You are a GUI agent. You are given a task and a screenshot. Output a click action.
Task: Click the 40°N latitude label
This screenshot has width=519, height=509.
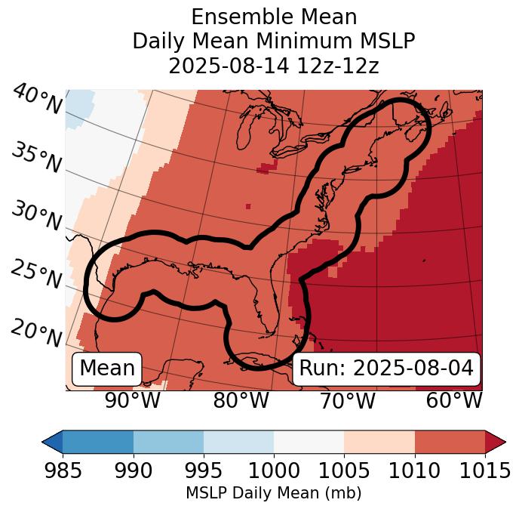(37, 100)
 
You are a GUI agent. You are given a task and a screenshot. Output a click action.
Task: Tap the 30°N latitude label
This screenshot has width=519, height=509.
(37, 217)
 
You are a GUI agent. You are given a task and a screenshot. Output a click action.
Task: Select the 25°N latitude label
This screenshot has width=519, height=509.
(37, 275)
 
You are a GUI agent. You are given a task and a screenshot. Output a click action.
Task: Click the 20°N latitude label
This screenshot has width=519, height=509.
(37, 333)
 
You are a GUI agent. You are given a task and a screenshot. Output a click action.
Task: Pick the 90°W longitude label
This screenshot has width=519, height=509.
(133, 401)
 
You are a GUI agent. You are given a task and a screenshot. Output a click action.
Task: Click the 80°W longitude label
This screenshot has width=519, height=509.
(241, 401)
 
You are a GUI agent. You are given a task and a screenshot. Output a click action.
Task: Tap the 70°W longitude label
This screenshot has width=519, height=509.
(347, 401)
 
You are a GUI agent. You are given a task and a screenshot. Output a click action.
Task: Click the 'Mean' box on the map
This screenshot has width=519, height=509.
(107, 369)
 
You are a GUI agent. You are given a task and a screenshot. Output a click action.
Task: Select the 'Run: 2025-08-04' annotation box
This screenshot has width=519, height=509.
(386, 369)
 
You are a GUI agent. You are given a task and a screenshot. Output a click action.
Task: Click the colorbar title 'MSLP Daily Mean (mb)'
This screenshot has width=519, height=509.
(273, 494)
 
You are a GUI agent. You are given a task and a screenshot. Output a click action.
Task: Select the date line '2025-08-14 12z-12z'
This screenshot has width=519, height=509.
(273, 66)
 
